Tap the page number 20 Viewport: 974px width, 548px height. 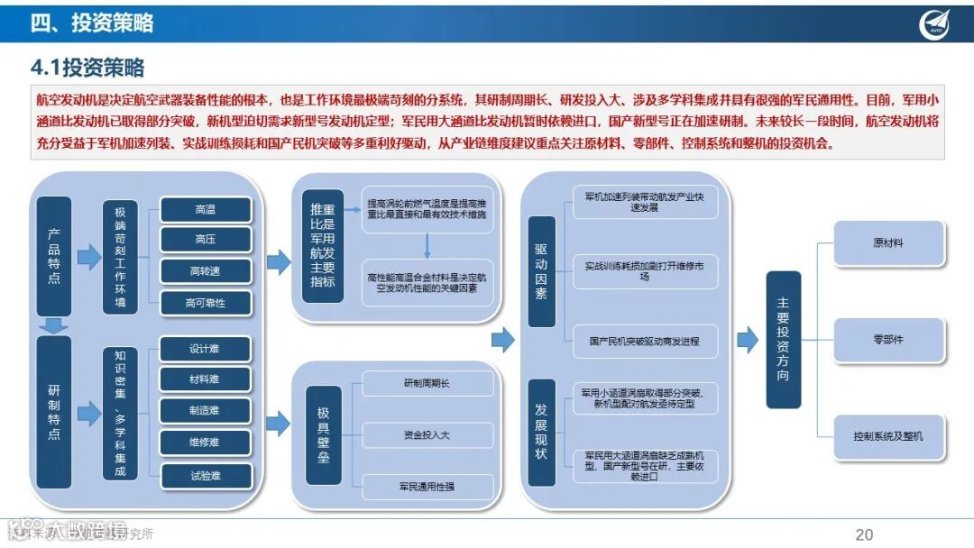coord(864,534)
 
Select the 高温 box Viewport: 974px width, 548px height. coord(205,210)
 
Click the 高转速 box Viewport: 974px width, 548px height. coord(205,271)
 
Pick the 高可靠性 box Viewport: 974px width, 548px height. coord(205,303)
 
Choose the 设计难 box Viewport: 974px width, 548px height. coord(205,349)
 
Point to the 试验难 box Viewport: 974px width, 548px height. coord(205,474)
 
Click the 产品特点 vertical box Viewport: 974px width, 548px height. coord(54,256)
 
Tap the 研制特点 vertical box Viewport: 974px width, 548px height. coord(54,412)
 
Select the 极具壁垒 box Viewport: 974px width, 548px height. coord(323,434)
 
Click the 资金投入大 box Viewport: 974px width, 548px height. coord(428,435)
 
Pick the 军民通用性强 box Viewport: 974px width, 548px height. coord(428,487)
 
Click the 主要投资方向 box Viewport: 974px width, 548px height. coord(783,339)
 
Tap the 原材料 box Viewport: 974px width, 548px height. coord(888,243)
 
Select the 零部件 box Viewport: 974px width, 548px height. coord(888,340)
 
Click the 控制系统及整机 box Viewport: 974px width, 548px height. coord(888,436)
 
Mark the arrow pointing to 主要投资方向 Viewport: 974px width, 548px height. coord(747,340)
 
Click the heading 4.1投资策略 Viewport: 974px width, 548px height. coord(87,68)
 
